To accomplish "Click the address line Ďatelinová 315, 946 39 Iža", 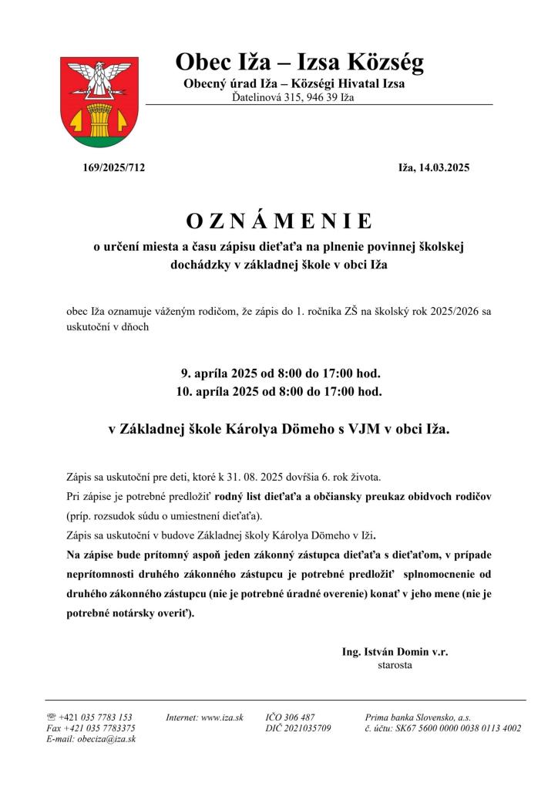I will [293, 97].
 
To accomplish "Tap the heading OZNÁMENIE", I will [279, 221].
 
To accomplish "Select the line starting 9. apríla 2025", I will [279, 374].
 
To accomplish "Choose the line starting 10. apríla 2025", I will [279, 392].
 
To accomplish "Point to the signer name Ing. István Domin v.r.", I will [395, 652].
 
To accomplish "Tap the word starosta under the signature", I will [395, 664].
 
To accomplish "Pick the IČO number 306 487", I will [301, 717].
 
